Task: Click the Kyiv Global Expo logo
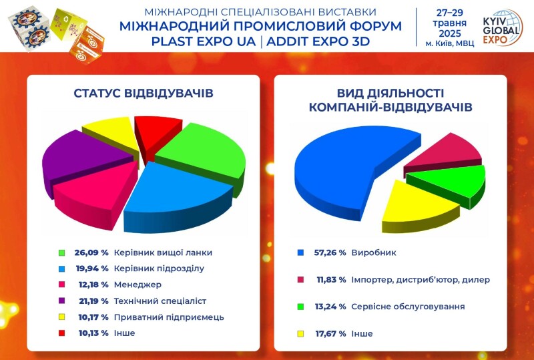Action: pyautogui.click(x=503, y=27)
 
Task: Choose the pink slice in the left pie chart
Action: pyautogui.click(x=95, y=194)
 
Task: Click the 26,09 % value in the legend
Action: pyautogui.click(x=91, y=252)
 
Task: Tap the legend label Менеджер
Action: pyautogui.click(x=138, y=285)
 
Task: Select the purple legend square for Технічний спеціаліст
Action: pyautogui.click(x=61, y=301)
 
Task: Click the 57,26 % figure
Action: pyautogui.click(x=330, y=252)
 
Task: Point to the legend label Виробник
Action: pyautogui.click(x=374, y=253)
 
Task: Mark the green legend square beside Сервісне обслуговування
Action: pyautogui.click(x=300, y=307)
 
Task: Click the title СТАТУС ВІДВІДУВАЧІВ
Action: pyautogui.click(x=144, y=94)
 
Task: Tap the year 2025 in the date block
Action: pyautogui.click(x=450, y=34)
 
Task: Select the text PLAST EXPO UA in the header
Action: pyautogui.click(x=204, y=41)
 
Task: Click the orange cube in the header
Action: pyautogui.click(x=87, y=45)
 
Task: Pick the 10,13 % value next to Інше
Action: pyautogui.click(x=93, y=333)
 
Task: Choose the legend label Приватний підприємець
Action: pyautogui.click(x=169, y=317)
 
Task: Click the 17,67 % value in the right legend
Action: pyautogui.click(x=330, y=333)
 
